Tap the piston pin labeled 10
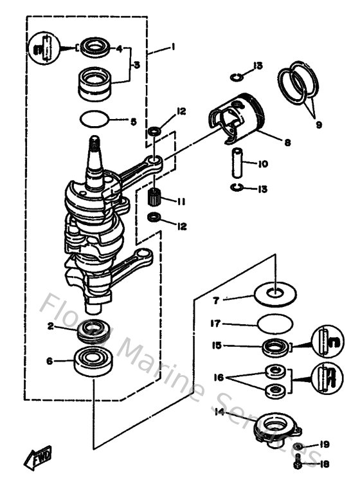pyautogui.click(x=235, y=163)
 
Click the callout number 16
pyautogui.click(x=219, y=379)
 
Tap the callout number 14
pyautogui.click(x=220, y=412)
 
